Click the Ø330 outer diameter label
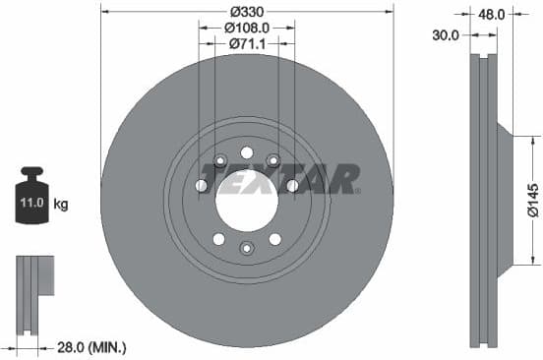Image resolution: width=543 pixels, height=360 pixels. (247, 12)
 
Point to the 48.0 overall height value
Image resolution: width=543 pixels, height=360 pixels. (492, 15)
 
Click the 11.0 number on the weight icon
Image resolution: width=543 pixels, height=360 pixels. (31, 205)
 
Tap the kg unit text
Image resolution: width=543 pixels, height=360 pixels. (61, 205)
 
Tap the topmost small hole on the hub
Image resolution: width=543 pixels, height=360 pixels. (246, 152)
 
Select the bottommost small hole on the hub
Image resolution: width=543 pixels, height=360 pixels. (246, 248)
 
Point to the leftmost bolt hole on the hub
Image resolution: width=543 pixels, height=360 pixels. (201, 186)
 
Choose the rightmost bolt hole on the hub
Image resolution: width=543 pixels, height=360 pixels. (292, 186)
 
